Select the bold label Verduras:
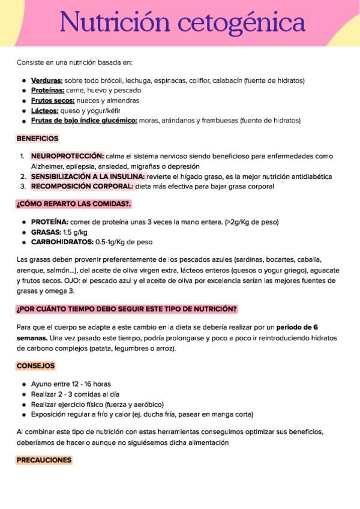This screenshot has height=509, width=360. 47,80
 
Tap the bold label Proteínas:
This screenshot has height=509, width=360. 47,91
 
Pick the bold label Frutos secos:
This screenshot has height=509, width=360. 53,100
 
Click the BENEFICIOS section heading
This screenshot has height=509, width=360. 37,138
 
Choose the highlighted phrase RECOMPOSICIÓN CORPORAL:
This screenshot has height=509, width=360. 82,186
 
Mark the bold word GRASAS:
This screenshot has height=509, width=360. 46,232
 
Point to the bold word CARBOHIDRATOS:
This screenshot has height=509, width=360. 62,242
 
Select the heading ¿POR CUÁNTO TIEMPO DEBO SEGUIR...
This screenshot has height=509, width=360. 127,309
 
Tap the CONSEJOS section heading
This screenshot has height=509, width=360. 36,366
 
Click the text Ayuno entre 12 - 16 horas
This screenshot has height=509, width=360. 71,384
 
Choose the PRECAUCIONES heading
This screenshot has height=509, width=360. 44,460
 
